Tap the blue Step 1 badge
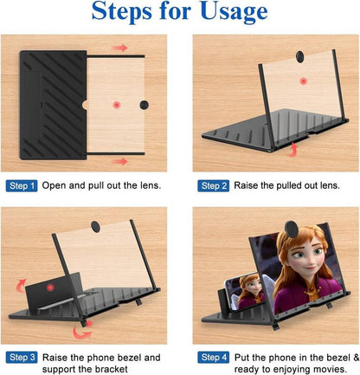coord(22,186)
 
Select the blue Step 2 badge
coord(213,186)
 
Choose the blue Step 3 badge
coord(22,357)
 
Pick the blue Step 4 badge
coord(213,357)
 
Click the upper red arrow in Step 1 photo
coord(119,48)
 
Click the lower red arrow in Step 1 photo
coord(119,160)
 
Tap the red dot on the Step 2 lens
coord(302,81)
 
